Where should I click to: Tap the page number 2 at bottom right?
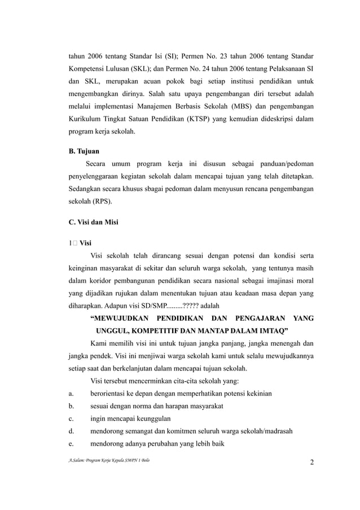(x=312, y=464)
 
